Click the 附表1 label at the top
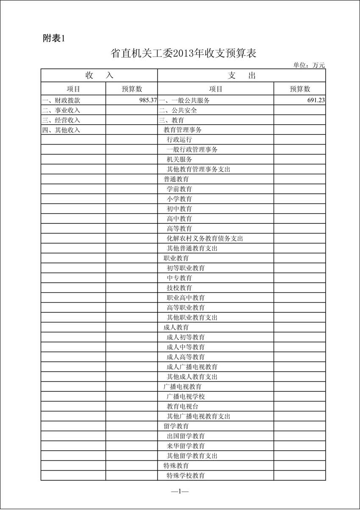(x=53, y=38)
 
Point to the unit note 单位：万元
(x=309, y=65)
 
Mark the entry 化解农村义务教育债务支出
(x=205, y=239)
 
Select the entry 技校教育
(x=180, y=288)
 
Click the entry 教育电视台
(x=183, y=406)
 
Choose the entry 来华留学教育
(x=186, y=446)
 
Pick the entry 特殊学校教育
(x=186, y=476)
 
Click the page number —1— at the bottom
(x=180, y=491)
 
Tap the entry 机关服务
(x=180, y=160)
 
